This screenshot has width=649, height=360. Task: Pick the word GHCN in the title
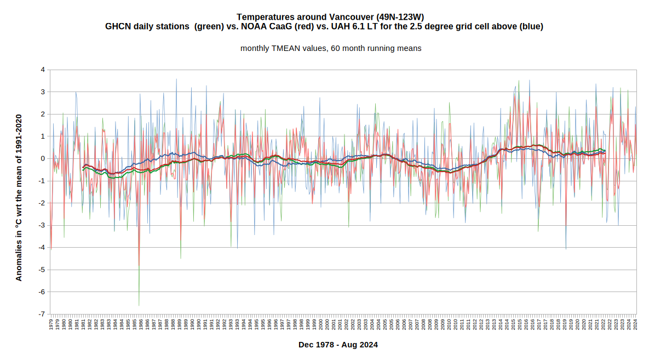click(117, 26)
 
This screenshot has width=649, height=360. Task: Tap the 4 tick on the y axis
click(43, 70)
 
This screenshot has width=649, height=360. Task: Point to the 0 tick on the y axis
click(43, 158)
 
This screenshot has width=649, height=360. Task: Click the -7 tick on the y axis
click(42, 314)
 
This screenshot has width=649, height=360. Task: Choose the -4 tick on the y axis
click(42, 247)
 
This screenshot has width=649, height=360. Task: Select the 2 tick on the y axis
click(43, 114)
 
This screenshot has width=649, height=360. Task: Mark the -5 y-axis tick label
click(42, 270)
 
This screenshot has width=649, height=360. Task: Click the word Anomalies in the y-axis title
click(19, 258)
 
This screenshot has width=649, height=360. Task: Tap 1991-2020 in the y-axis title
click(19, 136)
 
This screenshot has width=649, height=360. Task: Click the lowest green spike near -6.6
click(139, 305)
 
